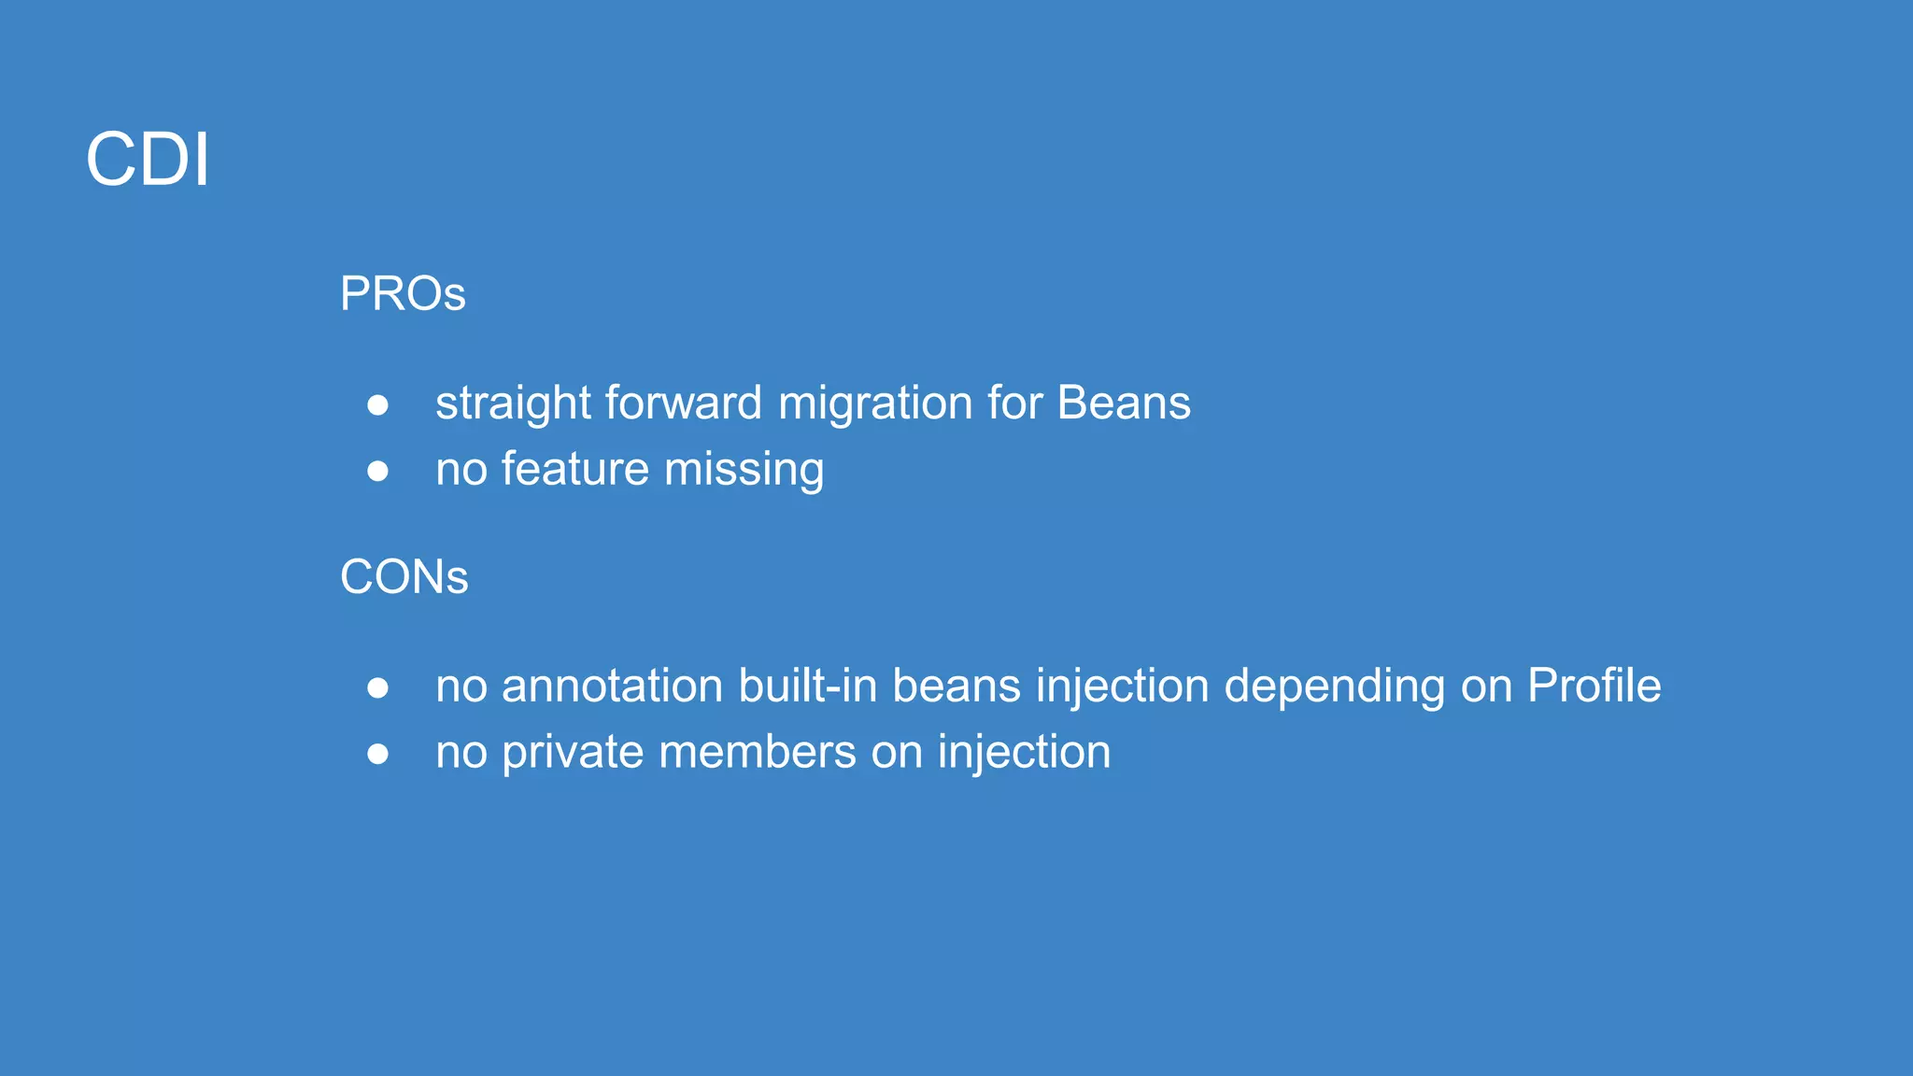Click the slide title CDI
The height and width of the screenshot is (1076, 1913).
click(148, 160)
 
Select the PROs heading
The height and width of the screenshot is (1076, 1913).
click(403, 294)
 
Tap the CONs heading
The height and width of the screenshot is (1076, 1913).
click(404, 577)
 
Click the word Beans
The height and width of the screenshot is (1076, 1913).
click(1124, 403)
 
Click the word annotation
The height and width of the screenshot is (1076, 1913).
click(612, 687)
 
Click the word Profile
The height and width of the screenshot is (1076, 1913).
click(1594, 687)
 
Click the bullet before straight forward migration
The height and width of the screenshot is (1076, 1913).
click(377, 405)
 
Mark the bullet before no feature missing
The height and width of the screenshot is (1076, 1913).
click(377, 471)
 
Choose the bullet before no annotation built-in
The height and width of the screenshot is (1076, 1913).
click(377, 688)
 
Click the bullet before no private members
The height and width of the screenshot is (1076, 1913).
click(377, 754)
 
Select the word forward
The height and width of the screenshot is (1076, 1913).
click(683, 403)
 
